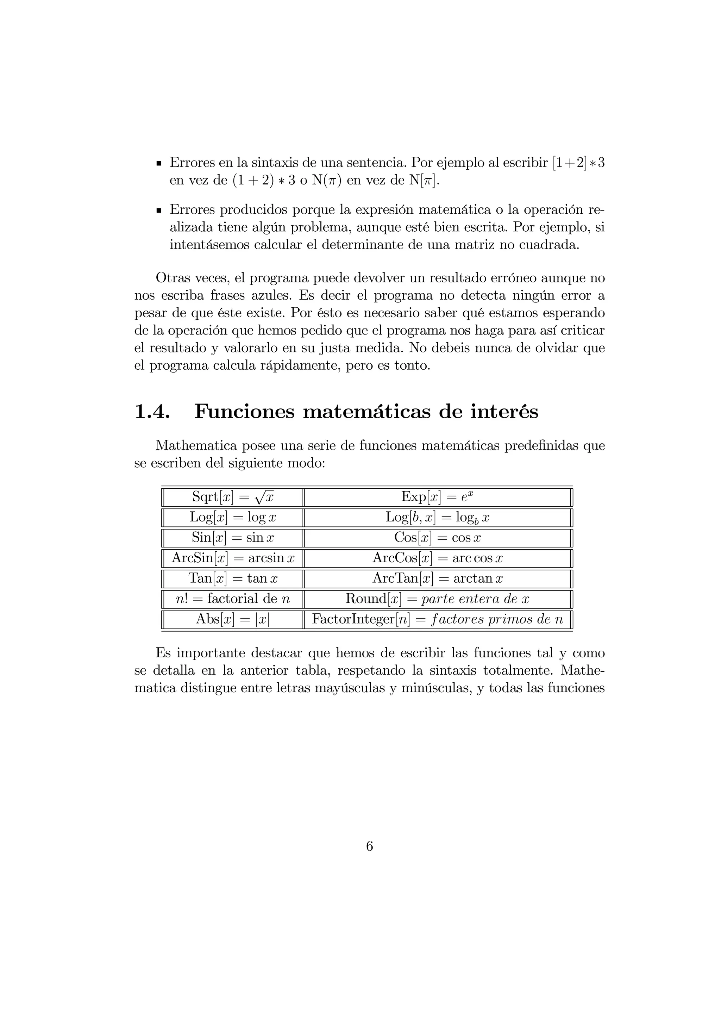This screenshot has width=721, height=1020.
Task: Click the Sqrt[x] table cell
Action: pyautogui.click(x=232, y=497)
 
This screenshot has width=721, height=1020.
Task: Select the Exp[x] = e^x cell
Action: pyautogui.click(x=437, y=497)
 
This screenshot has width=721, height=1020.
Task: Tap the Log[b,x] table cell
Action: pyautogui.click(x=437, y=517)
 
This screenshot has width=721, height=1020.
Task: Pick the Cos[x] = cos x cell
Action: pyautogui.click(x=437, y=538)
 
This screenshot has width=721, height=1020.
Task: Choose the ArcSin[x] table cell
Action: pyautogui.click(x=232, y=558)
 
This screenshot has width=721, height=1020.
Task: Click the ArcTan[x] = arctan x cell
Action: pyautogui.click(x=437, y=578)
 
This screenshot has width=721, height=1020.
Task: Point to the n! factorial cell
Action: pyautogui.click(x=232, y=599)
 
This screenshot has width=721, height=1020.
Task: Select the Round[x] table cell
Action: pyautogui.click(x=437, y=599)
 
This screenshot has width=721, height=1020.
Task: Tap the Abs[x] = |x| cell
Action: pyautogui.click(x=232, y=619)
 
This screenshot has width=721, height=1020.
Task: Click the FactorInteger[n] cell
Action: pyautogui.click(x=437, y=619)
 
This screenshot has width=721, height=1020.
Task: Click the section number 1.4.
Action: pyautogui.click(x=152, y=411)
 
